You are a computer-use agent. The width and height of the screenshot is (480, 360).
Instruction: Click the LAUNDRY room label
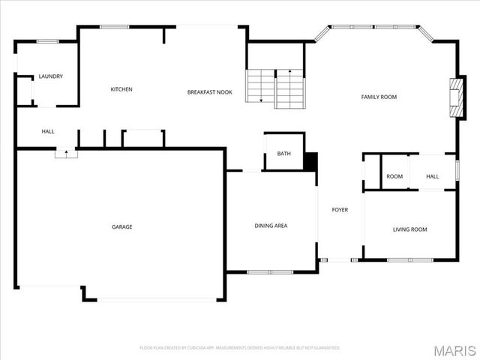pos(51,76)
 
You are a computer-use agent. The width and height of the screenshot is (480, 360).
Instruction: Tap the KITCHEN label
pos(121,89)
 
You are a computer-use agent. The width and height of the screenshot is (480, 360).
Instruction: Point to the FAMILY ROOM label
pos(379,97)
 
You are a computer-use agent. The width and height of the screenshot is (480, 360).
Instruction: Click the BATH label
pos(283,154)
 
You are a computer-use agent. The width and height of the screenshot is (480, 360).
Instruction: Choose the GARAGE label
pos(122,226)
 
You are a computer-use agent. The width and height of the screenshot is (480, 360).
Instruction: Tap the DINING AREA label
pos(271,226)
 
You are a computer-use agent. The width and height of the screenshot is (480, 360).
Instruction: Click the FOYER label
pos(340,210)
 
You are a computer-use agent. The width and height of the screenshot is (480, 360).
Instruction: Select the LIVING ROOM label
pos(409,229)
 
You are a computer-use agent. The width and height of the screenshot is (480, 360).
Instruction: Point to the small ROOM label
pos(394,176)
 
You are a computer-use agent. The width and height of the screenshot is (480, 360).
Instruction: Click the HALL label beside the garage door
pos(48,132)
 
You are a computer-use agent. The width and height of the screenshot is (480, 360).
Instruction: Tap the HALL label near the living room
pos(433,176)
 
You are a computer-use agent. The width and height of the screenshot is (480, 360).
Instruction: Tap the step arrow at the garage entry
pos(66,153)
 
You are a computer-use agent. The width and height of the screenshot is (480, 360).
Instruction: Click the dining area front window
pos(271,271)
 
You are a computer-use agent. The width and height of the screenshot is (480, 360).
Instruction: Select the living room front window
pos(409,259)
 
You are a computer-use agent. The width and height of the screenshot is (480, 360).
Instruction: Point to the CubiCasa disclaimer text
pos(240,348)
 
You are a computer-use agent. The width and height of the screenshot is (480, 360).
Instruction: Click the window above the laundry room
pos(48,41)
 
